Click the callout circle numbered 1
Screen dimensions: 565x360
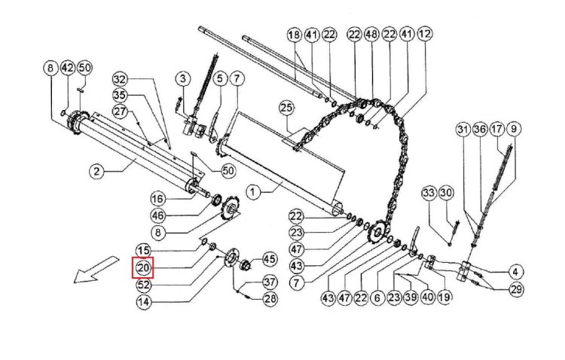tap(253, 192)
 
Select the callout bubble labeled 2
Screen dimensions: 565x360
tap(96, 171)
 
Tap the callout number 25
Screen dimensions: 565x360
tap(286, 108)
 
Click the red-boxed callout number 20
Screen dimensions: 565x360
tap(143, 268)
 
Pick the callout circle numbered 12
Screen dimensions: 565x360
tap(425, 33)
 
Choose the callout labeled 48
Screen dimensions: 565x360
tap(371, 34)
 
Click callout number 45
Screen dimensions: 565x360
tap(270, 259)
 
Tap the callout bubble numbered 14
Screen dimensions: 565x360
tap(143, 301)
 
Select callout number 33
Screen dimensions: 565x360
tap(429, 193)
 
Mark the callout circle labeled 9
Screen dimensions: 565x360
tap(514, 129)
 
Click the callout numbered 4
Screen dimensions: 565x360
tap(515, 272)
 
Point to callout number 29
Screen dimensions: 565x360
tap(516, 289)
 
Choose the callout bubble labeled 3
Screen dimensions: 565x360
tap(183, 78)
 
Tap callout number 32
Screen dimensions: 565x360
tap(121, 79)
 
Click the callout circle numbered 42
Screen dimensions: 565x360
tap(68, 68)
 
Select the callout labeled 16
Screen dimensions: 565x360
tap(157, 199)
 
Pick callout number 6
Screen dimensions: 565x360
tap(377, 297)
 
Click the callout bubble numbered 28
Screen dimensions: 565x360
tap(270, 298)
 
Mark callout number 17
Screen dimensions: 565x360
tap(496, 129)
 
